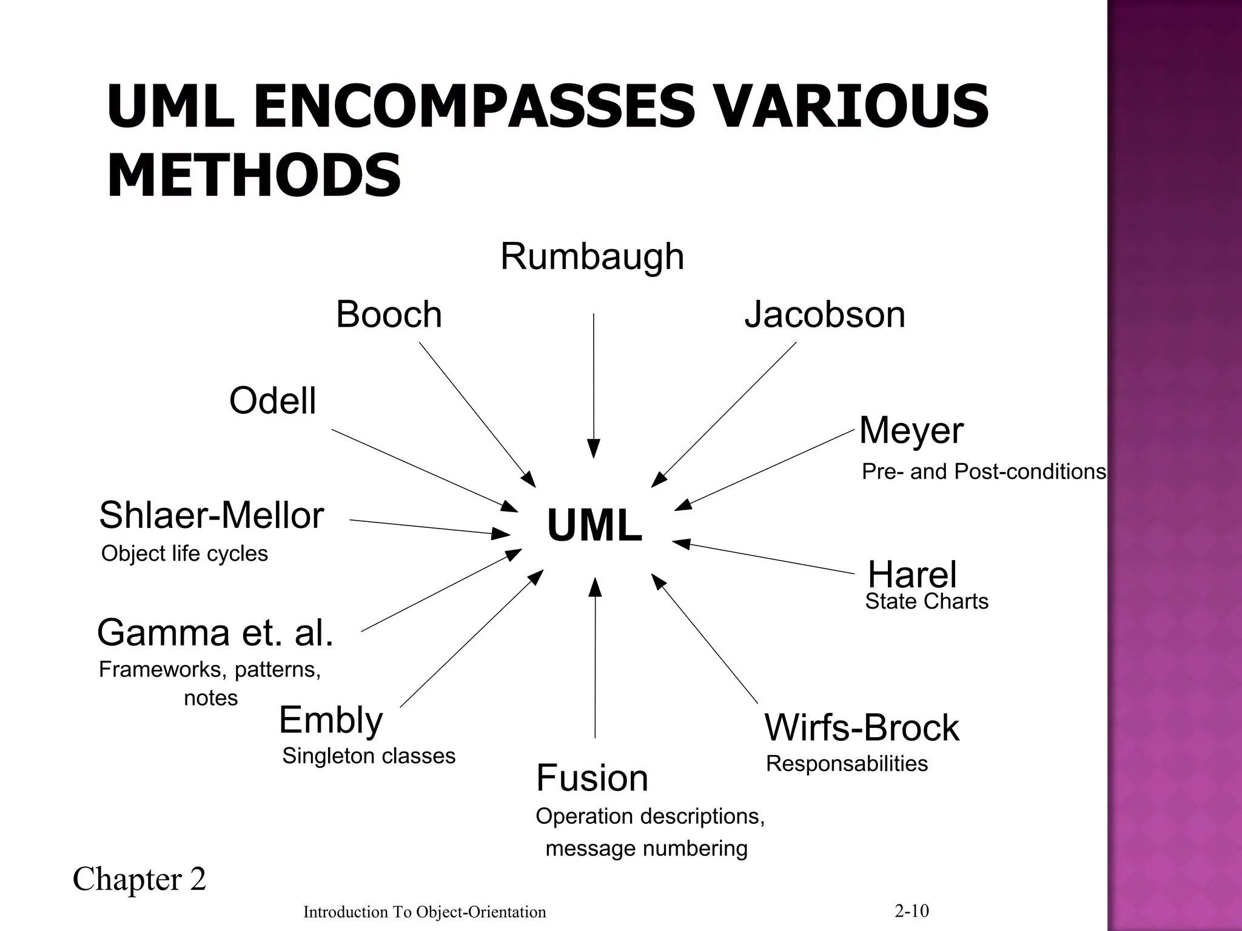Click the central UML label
594,526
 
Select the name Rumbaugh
592,257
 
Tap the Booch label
389,315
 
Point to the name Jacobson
825,315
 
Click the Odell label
272,401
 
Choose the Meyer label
911,431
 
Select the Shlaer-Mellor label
211,516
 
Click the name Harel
912,574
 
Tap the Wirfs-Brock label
862,727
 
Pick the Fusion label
592,778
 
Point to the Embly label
331,720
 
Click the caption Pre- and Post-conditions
984,472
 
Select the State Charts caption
927,602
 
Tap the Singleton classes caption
369,756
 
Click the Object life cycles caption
184,553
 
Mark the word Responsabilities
847,764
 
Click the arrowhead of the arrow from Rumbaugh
594,449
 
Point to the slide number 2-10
911,911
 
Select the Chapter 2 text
139,879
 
